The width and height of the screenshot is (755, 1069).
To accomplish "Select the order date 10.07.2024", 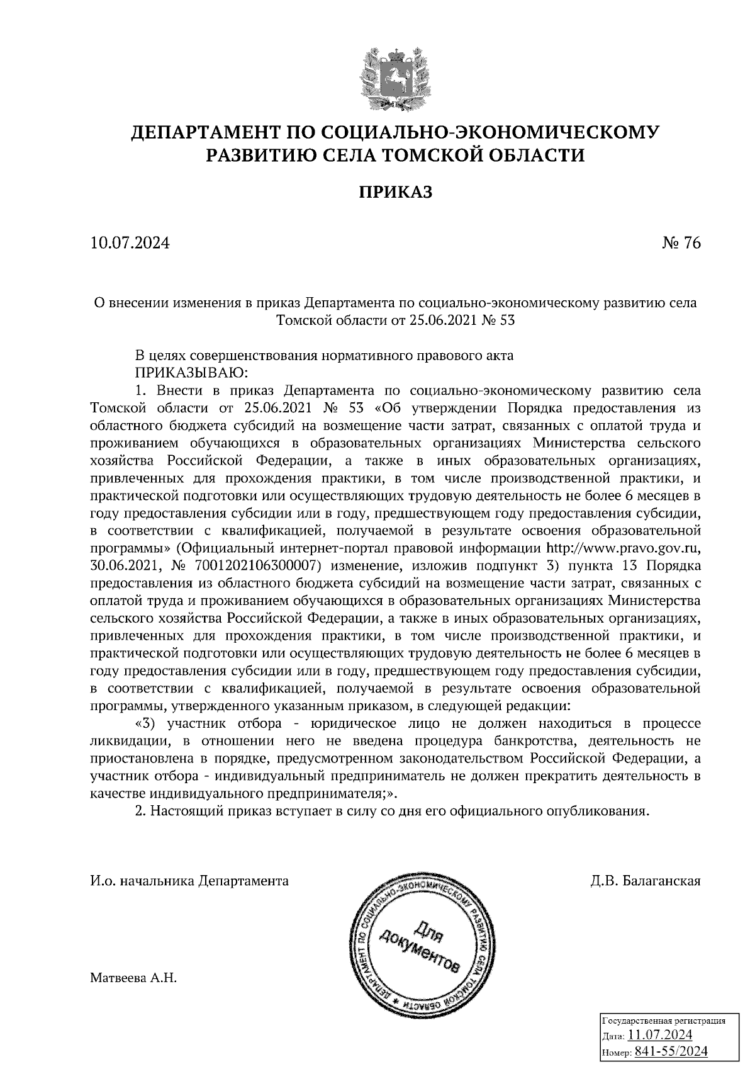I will tap(130, 243).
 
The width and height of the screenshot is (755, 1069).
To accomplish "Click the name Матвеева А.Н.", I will tap(134, 978).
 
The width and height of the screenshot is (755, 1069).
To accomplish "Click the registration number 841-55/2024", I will tap(671, 1051).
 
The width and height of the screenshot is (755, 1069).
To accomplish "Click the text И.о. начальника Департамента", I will tap(190, 881).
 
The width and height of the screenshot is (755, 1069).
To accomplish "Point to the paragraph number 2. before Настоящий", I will tap(140, 811).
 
